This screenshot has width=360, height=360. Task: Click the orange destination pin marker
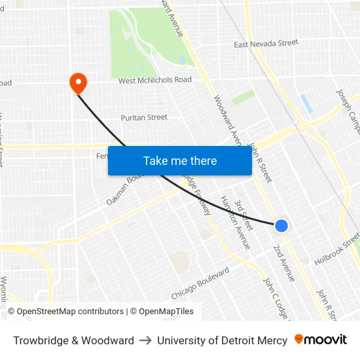click(x=78, y=82)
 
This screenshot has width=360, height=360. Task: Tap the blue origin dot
click(x=281, y=226)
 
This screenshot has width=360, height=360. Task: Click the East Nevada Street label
click(x=266, y=43)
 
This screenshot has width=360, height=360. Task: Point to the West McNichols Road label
click(x=155, y=81)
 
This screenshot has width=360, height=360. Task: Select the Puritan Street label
click(x=144, y=118)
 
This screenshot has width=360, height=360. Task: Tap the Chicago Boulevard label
click(x=200, y=283)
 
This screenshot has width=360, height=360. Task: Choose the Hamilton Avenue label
click(x=235, y=223)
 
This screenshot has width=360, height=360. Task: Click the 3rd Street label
click(x=243, y=215)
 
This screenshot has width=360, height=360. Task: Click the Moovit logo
click(x=321, y=340)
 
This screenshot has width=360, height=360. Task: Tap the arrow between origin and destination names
click(x=145, y=340)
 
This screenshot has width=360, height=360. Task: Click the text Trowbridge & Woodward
click(x=73, y=340)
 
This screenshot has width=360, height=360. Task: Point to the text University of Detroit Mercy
click(x=222, y=340)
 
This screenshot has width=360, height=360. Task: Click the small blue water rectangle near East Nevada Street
click(x=306, y=103)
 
